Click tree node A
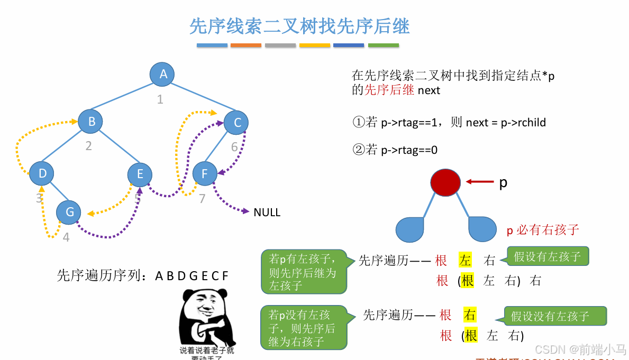pyautogui.click(x=162, y=74)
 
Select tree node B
pyautogui.click(x=91, y=122)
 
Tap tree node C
pyautogui.click(x=236, y=123)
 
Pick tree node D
pyautogui.click(x=42, y=173)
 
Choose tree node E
pyautogui.click(x=140, y=174)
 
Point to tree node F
pyautogui.click(x=205, y=173)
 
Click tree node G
pyautogui.click(x=69, y=212)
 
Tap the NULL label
pyautogui.click(x=267, y=213)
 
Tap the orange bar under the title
pyautogui.click(x=246, y=45)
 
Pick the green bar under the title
pyautogui.click(x=383, y=45)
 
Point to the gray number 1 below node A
pyautogui.click(x=160, y=99)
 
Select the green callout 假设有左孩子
pyautogui.click(x=548, y=257)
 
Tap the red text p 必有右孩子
pyautogui.click(x=543, y=229)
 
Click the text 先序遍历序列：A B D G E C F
pyautogui.click(x=143, y=275)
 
